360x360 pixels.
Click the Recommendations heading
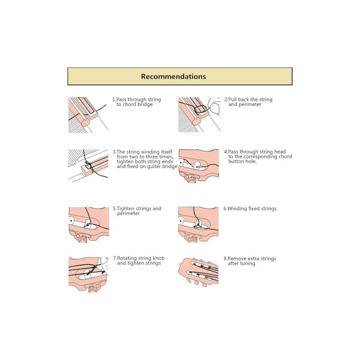[x=173, y=76]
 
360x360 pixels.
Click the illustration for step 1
[x=88, y=115]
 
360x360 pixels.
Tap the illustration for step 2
[x=199, y=115]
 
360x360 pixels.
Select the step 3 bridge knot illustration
[x=89, y=165]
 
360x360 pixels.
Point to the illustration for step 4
[x=198, y=166]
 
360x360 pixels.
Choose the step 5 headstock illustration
[x=89, y=224]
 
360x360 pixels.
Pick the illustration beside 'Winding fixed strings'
[x=198, y=224]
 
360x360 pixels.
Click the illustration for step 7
[x=89, y=274]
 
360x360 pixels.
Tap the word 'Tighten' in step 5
[x=126, y=209]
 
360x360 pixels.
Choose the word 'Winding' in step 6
[x=237, y=209]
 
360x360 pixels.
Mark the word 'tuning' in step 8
[x=248, y=264]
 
